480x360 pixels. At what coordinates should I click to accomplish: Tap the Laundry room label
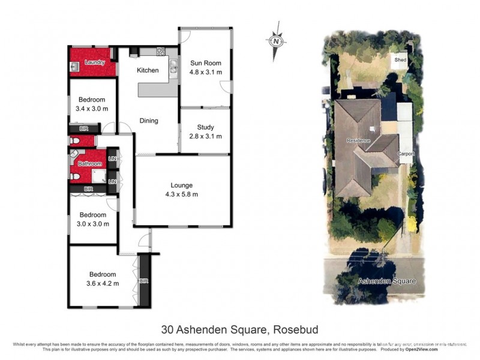coord(95,62)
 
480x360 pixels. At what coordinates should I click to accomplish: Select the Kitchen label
coord(148,70)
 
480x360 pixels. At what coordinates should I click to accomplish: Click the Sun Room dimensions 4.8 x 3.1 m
coord(206,72)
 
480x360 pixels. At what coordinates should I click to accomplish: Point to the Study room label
coord(206,127)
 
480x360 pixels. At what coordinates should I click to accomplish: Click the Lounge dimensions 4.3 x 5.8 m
coord(181,194)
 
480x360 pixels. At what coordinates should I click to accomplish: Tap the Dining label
coord(149,121)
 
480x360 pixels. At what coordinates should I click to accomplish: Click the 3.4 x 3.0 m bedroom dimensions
coord(92,109)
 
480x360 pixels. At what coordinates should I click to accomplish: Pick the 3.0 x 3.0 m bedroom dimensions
coord(93,224)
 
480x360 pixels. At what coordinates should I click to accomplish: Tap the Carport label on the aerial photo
coord(406,154)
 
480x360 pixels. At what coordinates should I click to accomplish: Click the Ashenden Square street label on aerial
coord(386,281)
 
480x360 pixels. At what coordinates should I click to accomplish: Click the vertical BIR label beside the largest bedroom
coord(143,280)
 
